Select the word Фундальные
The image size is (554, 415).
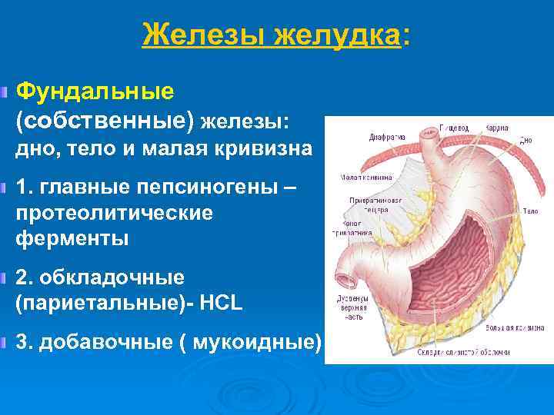click(x=95, y=92)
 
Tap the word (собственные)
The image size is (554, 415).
click(x=105, y=121)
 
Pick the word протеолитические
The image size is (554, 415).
click(x=113, y=213)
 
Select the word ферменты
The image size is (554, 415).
click(x=72, y=238)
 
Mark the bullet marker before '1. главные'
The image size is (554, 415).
click(x=6, y=188)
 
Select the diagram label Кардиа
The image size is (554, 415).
click(x=496, y=127)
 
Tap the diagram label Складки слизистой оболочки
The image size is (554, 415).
click(x=485, y=351)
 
